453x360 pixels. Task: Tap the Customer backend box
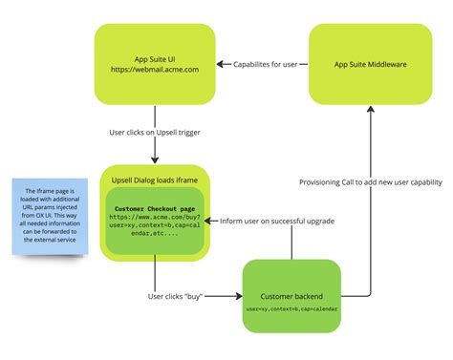point(291,296)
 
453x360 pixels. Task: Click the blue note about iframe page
point(49,215)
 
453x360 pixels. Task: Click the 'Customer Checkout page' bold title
point(156,207)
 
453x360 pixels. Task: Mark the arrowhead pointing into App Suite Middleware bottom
point(368,110)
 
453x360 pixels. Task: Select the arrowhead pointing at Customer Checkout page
point(207,221)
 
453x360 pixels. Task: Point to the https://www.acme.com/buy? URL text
point(156,218)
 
